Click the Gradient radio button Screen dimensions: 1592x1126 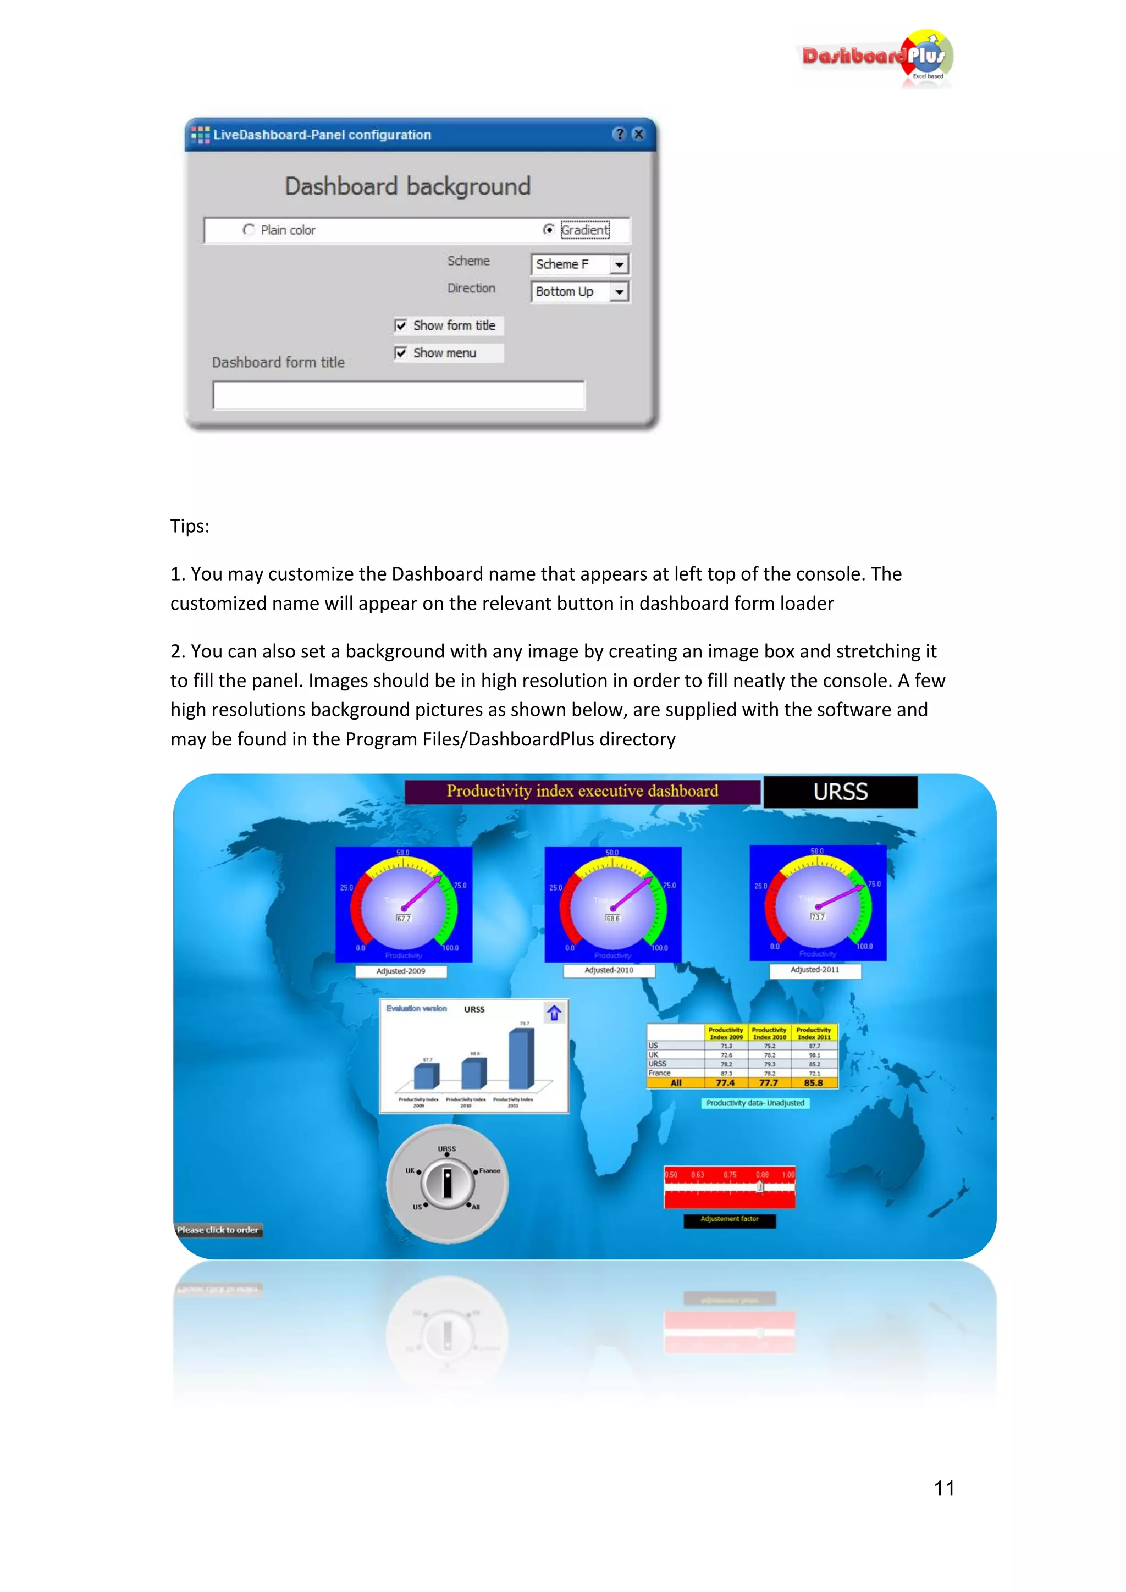549,229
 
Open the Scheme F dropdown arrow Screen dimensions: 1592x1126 619,264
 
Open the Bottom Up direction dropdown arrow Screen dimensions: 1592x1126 619,292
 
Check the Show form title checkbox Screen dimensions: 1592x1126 401,326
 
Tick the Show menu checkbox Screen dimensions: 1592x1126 401,353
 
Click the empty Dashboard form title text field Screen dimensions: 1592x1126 399,395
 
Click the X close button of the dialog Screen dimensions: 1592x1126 638,134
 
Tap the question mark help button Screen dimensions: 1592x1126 619,134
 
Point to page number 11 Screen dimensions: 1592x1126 943,1488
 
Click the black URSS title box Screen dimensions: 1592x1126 840,792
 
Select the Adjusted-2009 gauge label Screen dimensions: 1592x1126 401,971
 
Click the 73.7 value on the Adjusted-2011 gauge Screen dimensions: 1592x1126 818,916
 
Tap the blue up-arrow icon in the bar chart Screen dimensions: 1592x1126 553,1013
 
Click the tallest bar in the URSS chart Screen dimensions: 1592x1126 521,1059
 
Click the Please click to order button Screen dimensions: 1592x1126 218,1230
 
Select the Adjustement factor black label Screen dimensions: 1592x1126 730,1220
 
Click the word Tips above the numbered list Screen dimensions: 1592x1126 189,526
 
